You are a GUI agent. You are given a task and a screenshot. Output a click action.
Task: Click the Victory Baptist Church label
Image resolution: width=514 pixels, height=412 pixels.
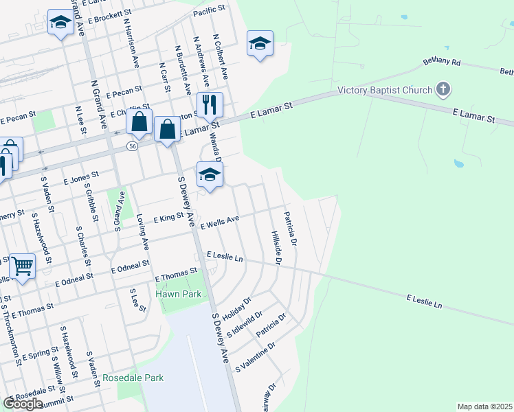[x=385, y=90]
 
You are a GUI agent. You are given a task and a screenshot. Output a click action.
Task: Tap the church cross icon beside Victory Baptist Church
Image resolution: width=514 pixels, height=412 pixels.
[x=443, y=89]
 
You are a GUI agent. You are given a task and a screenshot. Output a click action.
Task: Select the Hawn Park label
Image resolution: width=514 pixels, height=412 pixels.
[x=178, y=294]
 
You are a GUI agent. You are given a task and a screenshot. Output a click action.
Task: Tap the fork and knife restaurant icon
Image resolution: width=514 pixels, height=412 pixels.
[x=210, y=104]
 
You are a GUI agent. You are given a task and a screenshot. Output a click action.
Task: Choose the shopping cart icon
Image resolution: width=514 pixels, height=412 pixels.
[x=23, y=264]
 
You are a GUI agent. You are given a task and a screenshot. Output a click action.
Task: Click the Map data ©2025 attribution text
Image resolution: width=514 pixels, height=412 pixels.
[x=484, y=407]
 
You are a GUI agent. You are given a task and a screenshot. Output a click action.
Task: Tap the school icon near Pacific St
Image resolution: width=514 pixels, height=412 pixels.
[x=260, y=43]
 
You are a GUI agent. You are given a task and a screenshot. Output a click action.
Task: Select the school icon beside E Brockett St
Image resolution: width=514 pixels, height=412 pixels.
[x=60, y=23]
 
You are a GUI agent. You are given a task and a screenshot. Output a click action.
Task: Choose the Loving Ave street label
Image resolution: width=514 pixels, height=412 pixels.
[x=144, y=229]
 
